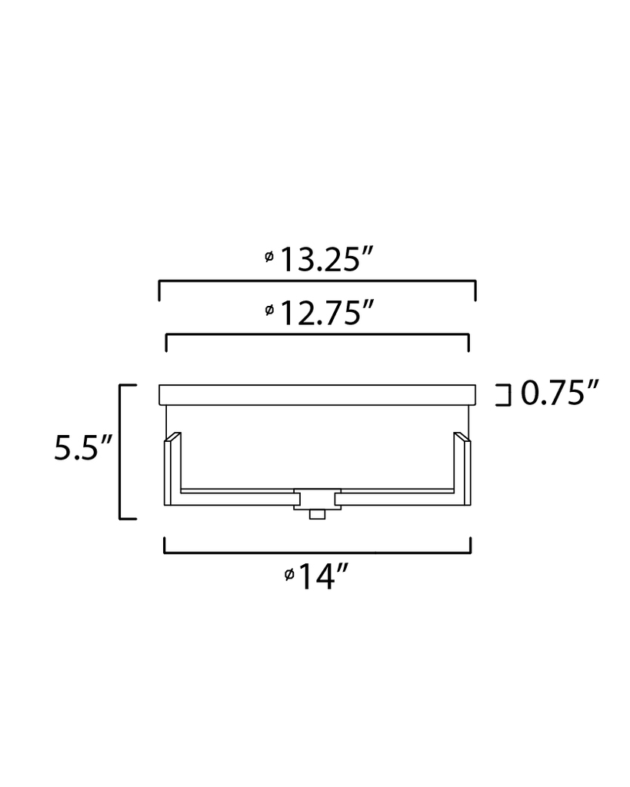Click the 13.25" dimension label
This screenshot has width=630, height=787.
[x=319, y=261]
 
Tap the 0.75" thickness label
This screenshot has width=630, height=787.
[x=559, y=394]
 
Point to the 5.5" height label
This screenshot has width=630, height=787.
[x=83, y=448]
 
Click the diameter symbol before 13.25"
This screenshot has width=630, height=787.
[x=268, y=257]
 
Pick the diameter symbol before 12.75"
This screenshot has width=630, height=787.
[x=268, y=310]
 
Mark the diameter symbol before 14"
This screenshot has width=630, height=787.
[x=288, y=574]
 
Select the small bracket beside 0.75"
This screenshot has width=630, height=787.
[x=504, y=395]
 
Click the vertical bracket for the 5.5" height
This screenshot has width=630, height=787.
[x=121, y=452]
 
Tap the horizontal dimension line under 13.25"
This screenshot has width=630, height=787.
[x=317, y=282]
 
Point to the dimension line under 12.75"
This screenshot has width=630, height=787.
[x=317, y=334]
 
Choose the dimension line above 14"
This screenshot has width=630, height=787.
[x=317, y=552]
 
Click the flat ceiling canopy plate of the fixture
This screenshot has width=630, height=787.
[x=317, y=395]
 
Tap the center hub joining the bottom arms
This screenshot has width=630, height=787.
[x=317, y=497]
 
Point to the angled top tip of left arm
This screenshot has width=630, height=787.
[x=173, y=437]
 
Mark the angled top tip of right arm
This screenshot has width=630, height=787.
[x=462, y=437]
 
